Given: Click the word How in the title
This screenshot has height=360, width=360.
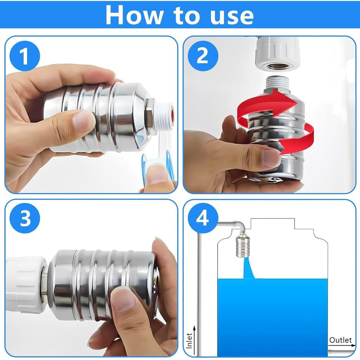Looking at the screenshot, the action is pyautogui.click(x=134, y=15).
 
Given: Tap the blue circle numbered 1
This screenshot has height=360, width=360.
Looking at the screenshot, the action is pyautogui.click(x=25, y=56).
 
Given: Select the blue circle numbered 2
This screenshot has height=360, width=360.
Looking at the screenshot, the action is pyautogui.click(x=203, y=56).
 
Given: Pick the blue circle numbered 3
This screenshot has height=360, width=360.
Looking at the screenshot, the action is pyautogui.click(x=25, y=218).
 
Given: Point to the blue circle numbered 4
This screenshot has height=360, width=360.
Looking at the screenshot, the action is pyautogui.click(x=203, y=218).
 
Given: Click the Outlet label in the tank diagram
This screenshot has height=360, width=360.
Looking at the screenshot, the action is pyautogui.click(x=340, y=340).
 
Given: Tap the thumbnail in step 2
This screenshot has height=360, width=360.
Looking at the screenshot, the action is pyautogui.click(x=269, y=158).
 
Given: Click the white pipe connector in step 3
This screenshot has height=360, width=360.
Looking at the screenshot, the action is pyautogui.click(x=26, y=285).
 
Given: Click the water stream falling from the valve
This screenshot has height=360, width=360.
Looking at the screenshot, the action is pyautogui.click(x=248, y=268).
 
